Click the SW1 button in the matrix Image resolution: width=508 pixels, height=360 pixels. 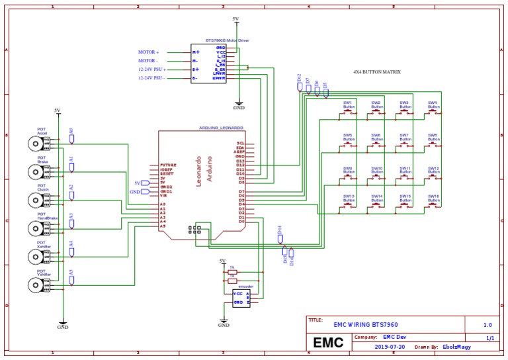348,113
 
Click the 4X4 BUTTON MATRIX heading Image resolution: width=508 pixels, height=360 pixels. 377,71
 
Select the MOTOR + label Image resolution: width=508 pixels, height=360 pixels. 148,52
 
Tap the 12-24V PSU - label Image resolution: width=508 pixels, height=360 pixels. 151,78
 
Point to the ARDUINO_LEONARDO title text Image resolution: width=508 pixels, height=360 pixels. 221,127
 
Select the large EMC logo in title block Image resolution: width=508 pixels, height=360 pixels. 328,342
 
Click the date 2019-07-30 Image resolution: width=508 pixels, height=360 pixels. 390,347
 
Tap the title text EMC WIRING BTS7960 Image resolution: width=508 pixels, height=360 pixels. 366,324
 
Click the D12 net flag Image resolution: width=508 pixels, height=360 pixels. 300,85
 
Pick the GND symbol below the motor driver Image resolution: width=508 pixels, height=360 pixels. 238,105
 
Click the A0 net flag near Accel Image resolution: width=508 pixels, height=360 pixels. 71,138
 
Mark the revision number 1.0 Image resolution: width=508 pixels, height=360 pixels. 487,324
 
